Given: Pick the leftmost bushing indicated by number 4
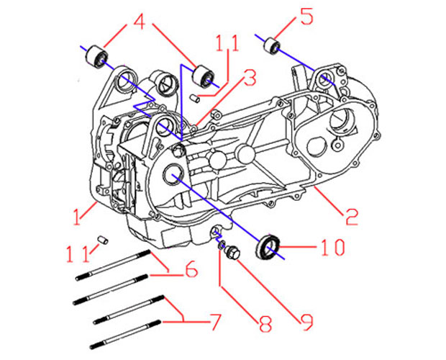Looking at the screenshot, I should click(96, 55).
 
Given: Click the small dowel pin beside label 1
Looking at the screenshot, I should click(102, 238).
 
